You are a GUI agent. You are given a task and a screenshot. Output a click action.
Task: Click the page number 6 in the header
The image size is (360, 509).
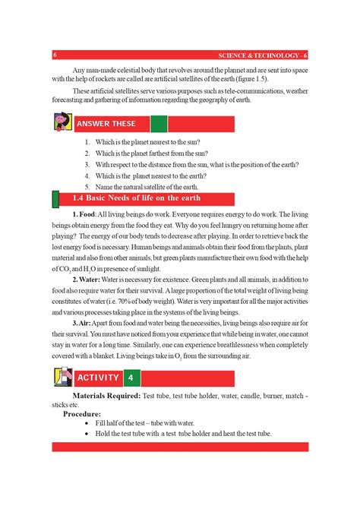click(55, 55)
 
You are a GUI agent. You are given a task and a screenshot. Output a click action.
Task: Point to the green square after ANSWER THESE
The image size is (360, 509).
click(159, 124)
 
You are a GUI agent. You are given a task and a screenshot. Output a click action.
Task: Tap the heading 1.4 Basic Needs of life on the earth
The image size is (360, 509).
click(136, 199)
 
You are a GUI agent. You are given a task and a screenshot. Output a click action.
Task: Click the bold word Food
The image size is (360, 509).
click(87, 214)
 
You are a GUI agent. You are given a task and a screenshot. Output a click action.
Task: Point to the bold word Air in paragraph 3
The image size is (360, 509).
click(84, 322)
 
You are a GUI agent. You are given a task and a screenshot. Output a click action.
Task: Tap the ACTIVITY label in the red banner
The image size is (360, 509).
click(98, 378)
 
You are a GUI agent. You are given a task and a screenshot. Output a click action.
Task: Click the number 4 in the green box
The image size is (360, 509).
click(131, 378)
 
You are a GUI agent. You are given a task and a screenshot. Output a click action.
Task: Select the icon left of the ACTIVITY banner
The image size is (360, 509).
click(61, 378)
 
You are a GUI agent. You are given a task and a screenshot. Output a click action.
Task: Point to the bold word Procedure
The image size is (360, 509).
click(81, 413)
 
